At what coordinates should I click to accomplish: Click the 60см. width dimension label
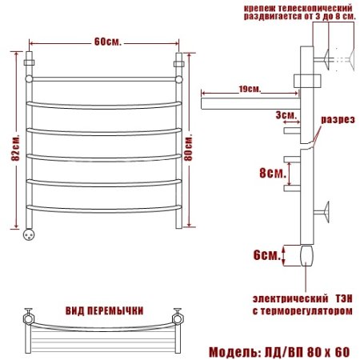coord(108,42)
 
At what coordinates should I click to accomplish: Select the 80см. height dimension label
coord(188,148)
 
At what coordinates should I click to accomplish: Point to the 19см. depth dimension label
coord(250,89)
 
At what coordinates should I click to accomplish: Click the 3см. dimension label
coord(286,115)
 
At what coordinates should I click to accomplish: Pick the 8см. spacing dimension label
coord(273,174)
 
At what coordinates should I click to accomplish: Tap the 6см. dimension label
coord(267,255)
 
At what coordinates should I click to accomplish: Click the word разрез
coord(338,119)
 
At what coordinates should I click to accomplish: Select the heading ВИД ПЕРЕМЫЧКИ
coord(104,311)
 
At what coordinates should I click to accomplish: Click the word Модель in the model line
coord(233,352)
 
